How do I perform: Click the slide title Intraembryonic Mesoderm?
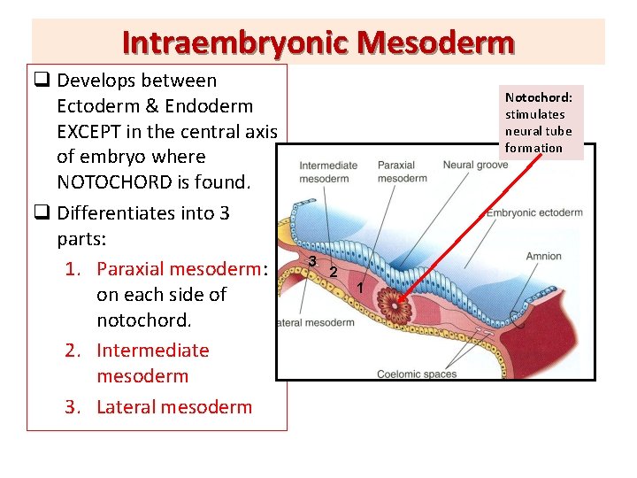coord(318,42)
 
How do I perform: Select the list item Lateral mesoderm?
coord(174,407)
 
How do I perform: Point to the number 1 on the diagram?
coord(360,288)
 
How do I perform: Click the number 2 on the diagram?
coord(333,271)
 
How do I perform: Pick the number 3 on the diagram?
coord(313,260)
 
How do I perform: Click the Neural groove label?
coord(475,166)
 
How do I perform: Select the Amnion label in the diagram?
coord(543,257)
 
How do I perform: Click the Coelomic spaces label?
coord(416,374)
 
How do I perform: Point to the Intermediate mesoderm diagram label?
coord(328,172)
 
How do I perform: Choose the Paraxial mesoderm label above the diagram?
coord(402,172)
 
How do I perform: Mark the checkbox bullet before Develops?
coord(42,81)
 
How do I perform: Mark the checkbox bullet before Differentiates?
coord(42,213)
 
